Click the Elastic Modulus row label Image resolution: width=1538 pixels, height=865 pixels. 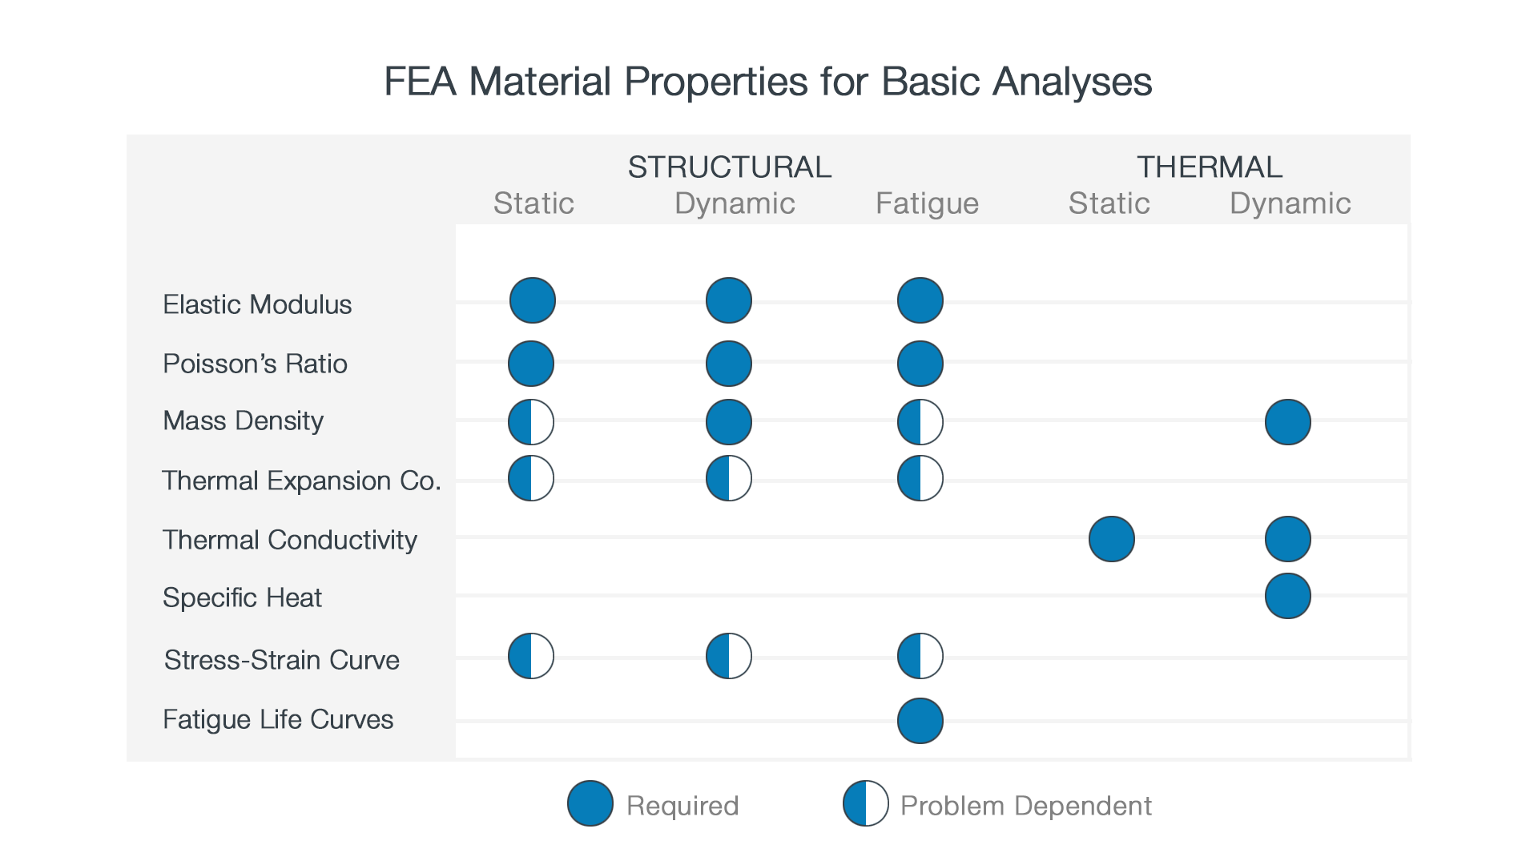pyautogui.click(x=257, y=304)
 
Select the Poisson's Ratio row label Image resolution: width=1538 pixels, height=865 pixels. pyautogui.click(x=255, y=364)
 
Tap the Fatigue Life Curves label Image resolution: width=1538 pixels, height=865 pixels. pyautogui.click(x=277, y=719)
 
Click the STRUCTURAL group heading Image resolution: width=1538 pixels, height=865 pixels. pyautogui.click(x=729, y=167)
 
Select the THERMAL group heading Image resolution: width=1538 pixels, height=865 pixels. pyautogui.click(x=1209, y=167)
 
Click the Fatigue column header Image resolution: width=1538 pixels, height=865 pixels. pyautogui.click(x=927, y=203)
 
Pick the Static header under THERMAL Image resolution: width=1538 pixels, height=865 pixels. pyautogui.click(x=1109, y=203)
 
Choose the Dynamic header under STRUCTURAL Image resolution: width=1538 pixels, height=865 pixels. pyautogui.click(x=735, y=203)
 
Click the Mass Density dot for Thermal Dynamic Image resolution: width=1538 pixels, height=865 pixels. pyautogui.click(x=1287, y=422)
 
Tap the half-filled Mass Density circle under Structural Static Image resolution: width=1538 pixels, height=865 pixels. pyautogui.click(x=531, y=422)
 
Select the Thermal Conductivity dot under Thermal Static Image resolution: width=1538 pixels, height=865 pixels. pyautogui.click(x=1111, y=539)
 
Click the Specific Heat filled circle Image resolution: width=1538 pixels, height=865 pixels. pyautogui.click(x=1287, y=597)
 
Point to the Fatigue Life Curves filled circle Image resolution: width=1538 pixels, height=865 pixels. pyautogui.click(x=920, y=721)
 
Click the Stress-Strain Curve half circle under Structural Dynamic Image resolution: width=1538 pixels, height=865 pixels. pyautogui.click(x=728, y=656)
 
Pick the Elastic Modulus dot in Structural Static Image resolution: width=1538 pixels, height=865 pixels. pyautogui.click(x=532, y=300)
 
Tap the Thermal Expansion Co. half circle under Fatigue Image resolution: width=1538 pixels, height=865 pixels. pyautogui.click(x=920, y=478)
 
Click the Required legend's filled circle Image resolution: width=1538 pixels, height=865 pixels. pyautogui.click(x=590, y=803)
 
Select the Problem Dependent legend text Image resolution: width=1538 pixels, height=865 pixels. pyautogui.click(x=1025, y=806)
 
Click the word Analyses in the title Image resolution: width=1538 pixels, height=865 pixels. pyautogui.click(x=1072, y=82)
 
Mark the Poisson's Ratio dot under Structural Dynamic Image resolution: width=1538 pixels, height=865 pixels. pyautogui.click(x=728, y=364)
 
